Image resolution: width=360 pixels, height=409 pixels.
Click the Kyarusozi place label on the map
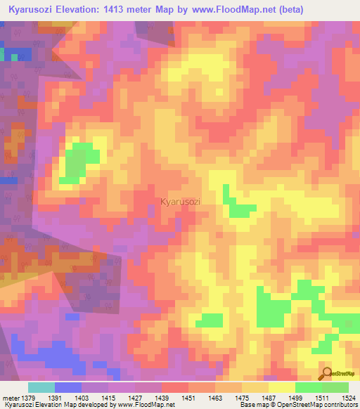[181, 202]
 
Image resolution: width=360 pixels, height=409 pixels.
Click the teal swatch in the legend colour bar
[41, 387]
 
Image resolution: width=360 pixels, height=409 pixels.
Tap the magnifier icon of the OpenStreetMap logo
[326, 375]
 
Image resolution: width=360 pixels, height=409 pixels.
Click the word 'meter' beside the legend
[12, 397]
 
